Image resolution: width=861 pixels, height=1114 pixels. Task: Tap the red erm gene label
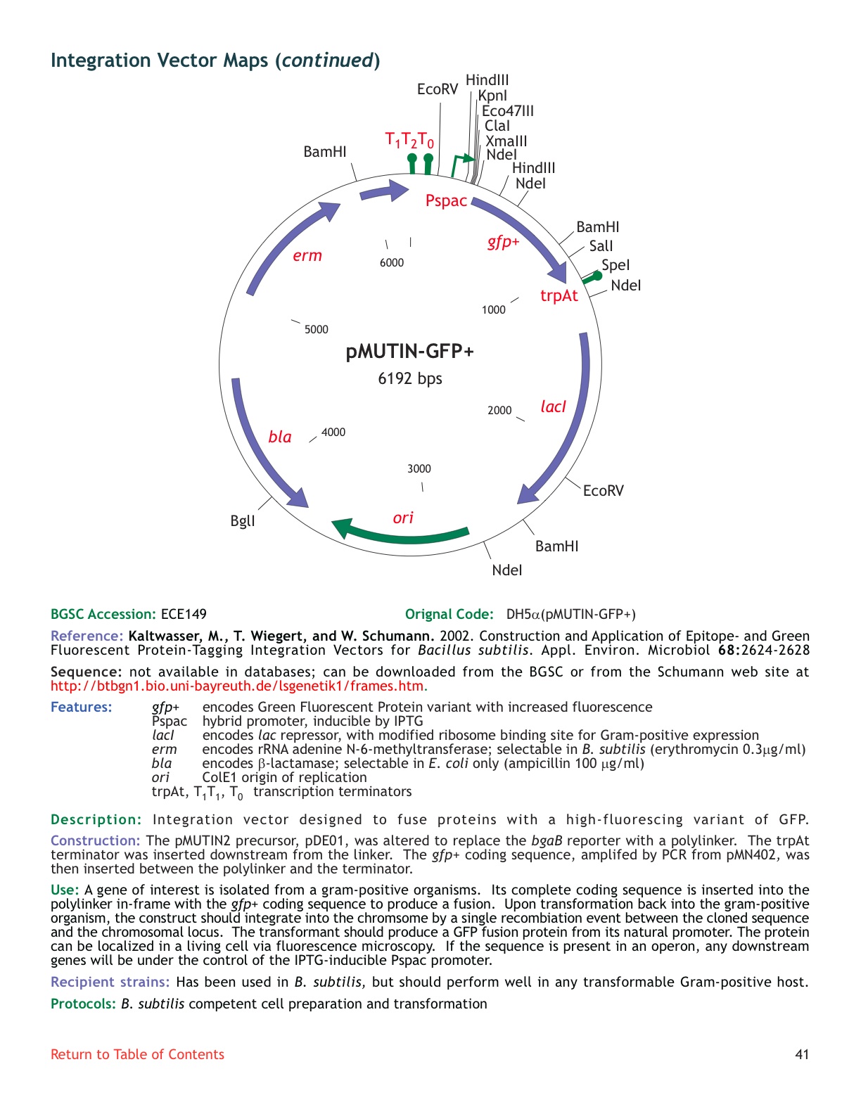tap(307, 256)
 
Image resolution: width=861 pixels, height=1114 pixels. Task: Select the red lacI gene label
tap(553, 406)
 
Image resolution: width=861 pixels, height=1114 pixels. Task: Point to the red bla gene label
tap(280, 437)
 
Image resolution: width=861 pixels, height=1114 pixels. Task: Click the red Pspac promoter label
tap(446, 201)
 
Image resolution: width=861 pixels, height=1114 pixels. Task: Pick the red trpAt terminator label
tap(559, 295)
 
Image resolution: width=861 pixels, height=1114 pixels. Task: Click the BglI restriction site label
tap(243, 521)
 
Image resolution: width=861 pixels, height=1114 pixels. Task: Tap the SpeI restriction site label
tap(616, 265)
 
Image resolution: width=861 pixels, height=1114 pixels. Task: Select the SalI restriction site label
tap(601, 246)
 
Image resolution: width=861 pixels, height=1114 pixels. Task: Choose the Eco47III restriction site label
tap(507, 111)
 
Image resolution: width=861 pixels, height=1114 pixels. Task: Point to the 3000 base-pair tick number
tap(419, 469)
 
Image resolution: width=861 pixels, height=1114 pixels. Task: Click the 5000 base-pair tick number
tap(317, 330)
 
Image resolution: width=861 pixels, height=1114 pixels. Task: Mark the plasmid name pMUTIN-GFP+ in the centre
tap(410, 351)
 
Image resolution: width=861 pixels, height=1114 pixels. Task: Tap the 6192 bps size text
tap(410, 378)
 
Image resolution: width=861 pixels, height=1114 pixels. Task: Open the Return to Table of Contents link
tap(137, 1054)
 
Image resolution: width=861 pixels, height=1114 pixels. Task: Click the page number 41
tap(802, 1054)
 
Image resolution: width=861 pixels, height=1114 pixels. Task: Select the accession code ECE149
tap(184, 614)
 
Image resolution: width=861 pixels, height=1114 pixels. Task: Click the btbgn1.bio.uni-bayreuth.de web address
tap(237, 686)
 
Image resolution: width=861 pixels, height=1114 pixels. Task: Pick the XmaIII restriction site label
tap(506, 141)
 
